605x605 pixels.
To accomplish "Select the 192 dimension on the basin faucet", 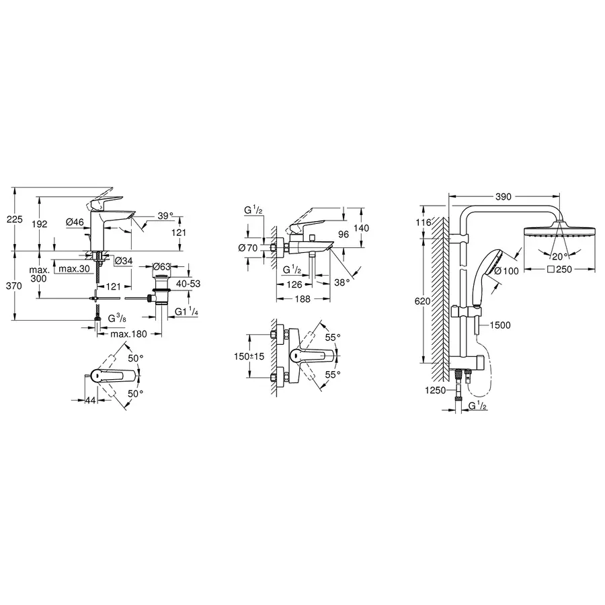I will point(41,224).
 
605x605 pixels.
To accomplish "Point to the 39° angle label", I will point(165,216).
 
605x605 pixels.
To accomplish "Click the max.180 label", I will point(129,334).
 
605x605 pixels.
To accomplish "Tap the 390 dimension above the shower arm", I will point(503,196).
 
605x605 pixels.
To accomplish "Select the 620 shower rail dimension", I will point(422,302).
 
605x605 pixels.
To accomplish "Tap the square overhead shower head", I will point(559,233).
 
